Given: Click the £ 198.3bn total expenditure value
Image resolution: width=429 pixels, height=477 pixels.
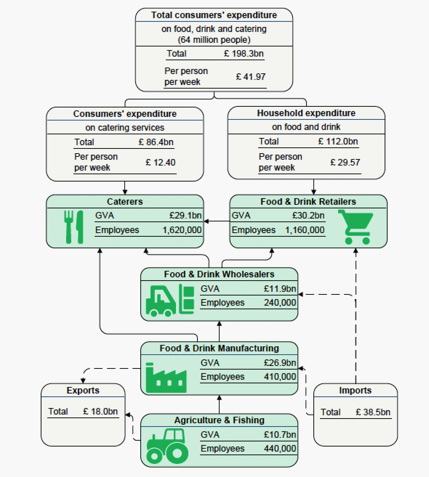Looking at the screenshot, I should tap(244, 54).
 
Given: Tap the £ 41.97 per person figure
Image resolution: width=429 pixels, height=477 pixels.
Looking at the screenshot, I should tap(251, 77).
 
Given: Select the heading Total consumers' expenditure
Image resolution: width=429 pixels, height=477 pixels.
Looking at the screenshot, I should tap(214, 15).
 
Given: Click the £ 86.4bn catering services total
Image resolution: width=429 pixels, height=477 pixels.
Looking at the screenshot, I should tap(156, 142).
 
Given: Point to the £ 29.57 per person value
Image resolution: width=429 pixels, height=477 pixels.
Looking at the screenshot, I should tap(345, 162).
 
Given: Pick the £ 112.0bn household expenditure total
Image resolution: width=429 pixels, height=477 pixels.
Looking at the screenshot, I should tap(338, 141).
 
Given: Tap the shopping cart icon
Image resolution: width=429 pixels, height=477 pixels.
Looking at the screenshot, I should tap(355, 226).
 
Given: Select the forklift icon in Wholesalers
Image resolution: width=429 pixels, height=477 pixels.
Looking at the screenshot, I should tap(170, 300).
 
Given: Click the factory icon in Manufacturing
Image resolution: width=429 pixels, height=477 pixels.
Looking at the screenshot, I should tap(166, 377).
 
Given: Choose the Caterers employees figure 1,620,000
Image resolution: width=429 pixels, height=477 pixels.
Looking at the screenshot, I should tap(182, 230).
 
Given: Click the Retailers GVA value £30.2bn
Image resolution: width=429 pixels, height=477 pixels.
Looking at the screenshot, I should tap(308, 216).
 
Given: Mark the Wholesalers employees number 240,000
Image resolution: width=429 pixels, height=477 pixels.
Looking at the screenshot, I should tap(280, 303).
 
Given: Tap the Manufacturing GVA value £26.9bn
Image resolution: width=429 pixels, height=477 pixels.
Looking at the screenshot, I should tap(280, 363).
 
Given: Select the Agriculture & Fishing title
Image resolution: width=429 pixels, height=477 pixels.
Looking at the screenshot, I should tap(219, 420).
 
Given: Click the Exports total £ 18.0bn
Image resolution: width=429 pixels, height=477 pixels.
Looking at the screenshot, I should tap(100, 411).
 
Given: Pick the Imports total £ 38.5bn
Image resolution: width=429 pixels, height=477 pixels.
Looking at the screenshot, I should tap(373, 412).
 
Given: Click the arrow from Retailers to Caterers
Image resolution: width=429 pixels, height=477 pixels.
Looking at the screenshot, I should tap(217, 221).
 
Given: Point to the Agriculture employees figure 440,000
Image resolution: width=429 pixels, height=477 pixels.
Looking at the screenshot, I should tap(280, 449).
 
